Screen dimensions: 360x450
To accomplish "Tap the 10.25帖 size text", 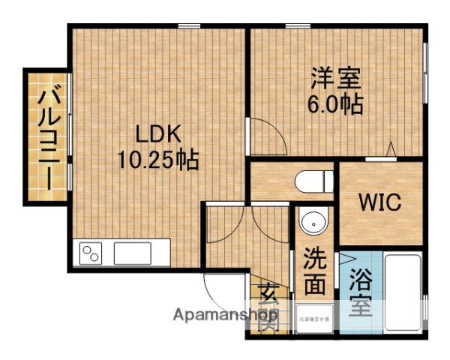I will pyautogui.click(x=157, y=159).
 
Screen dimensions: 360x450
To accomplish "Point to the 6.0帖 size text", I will pyautogui.click(x=335, y=103).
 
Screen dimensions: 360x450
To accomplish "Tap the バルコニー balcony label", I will pyautogui.click(x=46, y=136).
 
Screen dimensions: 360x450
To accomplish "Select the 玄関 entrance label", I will pyautogui.click(x=268, y=306).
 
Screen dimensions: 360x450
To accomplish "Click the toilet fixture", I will pyautogui.click(x=314, y=181).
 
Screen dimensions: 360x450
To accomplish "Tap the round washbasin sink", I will pyautogui.click(x=312, y=223).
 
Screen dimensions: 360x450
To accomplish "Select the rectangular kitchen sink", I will pyautogui.click(x=132, y=253).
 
